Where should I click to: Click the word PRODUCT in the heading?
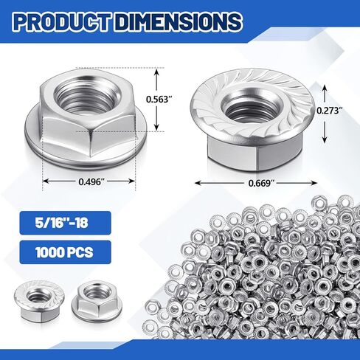tap(61, 21)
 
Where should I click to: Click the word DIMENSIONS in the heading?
tap(178, 21)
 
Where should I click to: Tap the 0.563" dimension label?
tap(159, 99)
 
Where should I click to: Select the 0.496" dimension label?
tap(90, 181)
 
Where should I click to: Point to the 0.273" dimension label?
tap(329, 111)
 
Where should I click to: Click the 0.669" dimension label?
tap(261, 183)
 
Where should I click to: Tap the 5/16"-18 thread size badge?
tap(65, 223)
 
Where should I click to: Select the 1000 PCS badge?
tap(65, 252)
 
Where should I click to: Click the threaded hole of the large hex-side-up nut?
tap(88, 96)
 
